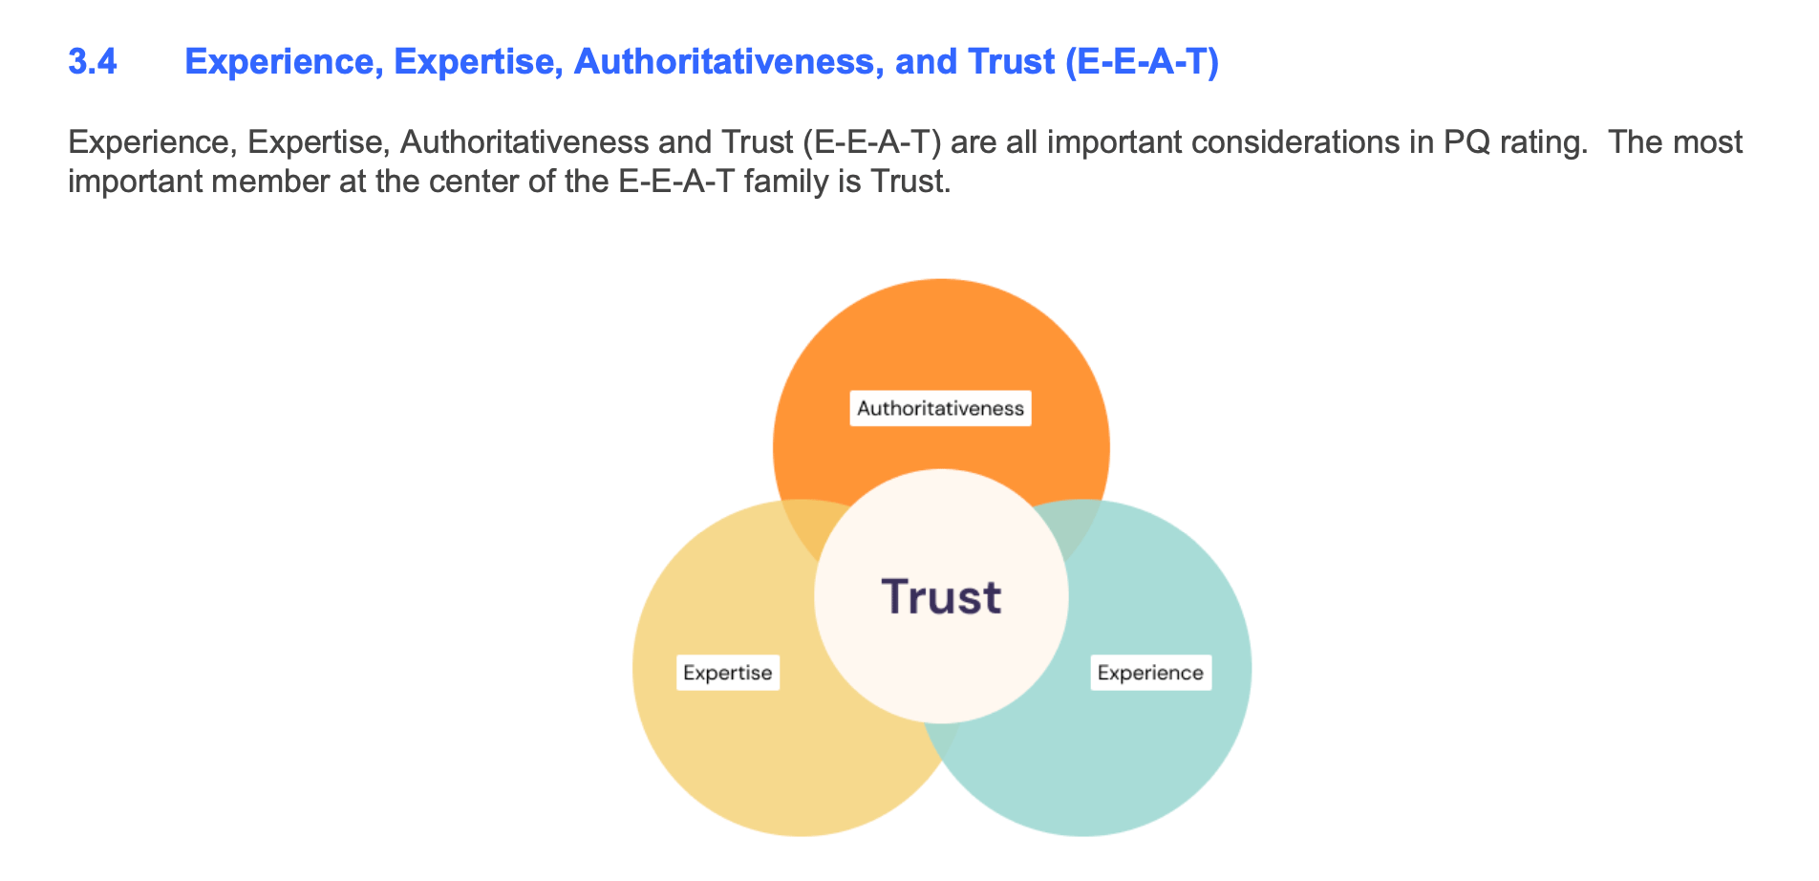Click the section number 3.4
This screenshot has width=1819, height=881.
pyautogui.click(x=93, y=62)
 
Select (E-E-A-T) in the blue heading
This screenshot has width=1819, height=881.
pyautogui.click(x=1141, y=62)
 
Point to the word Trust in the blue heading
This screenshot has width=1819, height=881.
pyautogui.click(x=1011, y=62)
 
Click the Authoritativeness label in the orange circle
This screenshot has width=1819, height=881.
pyautogui.click(x=940, y=409)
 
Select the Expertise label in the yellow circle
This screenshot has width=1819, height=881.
pyautogui.click(x=728, y=673)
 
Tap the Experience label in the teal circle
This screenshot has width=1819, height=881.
pyautogui.click(x=1150, y=673)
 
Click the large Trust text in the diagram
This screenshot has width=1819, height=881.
pyautogui.click(x=941, y=597)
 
